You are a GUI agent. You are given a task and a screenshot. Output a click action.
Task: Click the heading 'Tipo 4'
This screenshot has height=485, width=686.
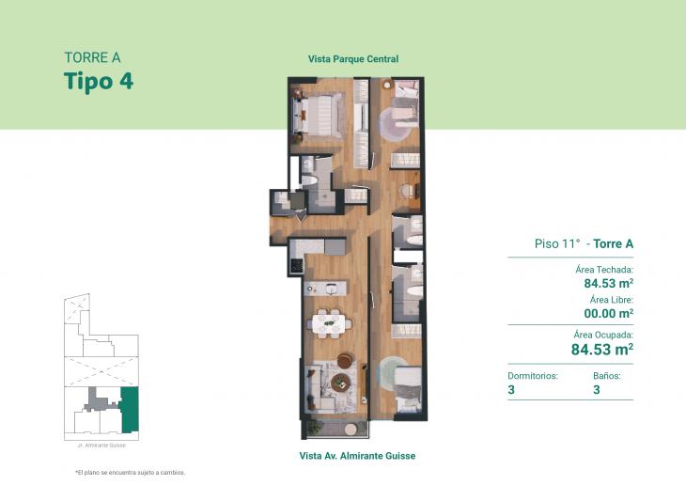tap(99, 81)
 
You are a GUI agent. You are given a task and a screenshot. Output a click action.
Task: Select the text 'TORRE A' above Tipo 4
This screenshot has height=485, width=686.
tap(92, 57)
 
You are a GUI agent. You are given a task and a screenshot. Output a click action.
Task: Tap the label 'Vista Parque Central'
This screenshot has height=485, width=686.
tap(353, 59)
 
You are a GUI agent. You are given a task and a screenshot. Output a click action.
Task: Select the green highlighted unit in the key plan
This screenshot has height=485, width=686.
tap(129, 406)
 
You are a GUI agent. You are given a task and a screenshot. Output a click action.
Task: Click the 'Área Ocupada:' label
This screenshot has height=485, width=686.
tap(602, 334)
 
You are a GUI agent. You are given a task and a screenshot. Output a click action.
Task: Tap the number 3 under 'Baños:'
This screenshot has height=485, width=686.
tap(597, 390)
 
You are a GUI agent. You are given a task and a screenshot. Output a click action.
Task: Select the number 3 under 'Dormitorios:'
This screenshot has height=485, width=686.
tap(510, 390)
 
